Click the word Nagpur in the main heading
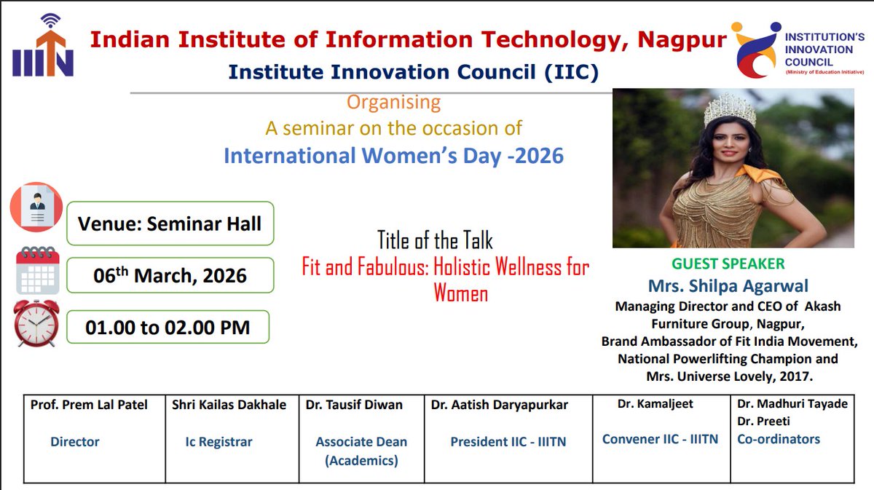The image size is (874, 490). click(682, 39)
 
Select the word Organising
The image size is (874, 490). click(393, 102)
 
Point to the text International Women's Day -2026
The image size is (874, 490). click(393, 156)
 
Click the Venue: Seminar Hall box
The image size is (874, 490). click(170, 224)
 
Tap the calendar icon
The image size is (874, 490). click(37, 271)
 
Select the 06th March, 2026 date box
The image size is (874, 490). click(170, 276)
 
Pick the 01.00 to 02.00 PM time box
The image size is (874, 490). click(168, 328)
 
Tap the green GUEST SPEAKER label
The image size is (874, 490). click(728, 264)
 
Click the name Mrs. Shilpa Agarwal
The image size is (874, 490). click(728, 286)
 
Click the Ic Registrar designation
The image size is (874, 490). click(219, 441)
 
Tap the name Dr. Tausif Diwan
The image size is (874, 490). click(354, 405)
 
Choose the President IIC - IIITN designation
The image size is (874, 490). click(508, 441)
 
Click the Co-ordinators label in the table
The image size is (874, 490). click(778, 439)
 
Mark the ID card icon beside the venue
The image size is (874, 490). click(36, 207)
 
